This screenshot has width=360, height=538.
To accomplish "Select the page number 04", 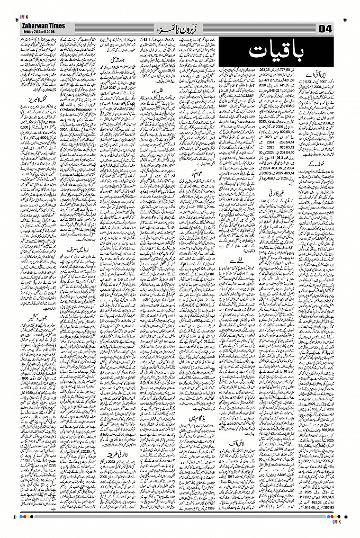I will pos(324,28).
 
